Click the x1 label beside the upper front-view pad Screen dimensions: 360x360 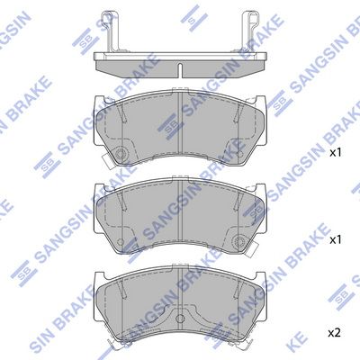click(336, 153)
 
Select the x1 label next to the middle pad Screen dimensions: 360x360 click(336, 241)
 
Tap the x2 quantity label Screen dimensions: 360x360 click(336, 332)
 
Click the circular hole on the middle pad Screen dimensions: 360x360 click(240, 240)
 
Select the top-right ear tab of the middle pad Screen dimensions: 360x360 click(263, 190)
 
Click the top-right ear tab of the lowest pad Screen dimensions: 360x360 click(261, 275)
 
